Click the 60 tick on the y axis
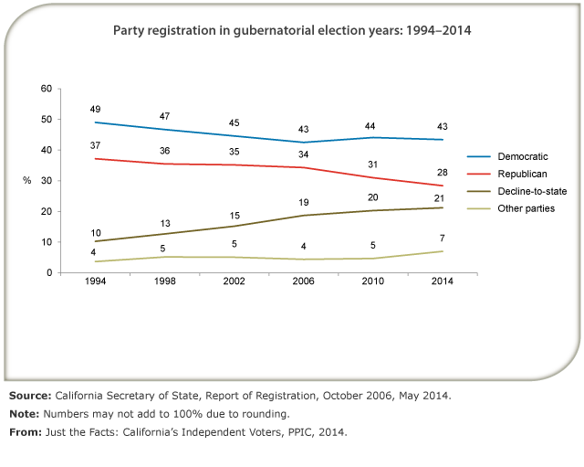click(x=46, y=89)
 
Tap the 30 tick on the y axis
click(x=46, y=181)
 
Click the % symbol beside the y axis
click(x=27, y=181)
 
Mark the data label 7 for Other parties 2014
click(x=443, y=238)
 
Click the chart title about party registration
click(x=292, y=31)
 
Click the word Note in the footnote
click(x=25, y=412)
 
